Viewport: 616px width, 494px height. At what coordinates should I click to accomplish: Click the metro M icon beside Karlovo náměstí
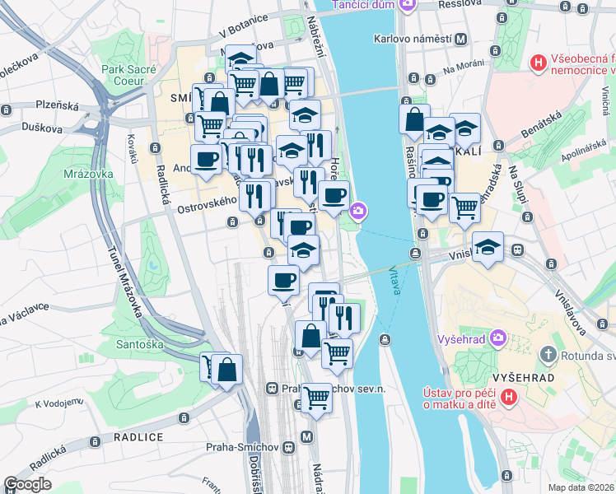(461, 39)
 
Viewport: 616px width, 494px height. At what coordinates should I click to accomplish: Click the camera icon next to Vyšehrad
(498, 338)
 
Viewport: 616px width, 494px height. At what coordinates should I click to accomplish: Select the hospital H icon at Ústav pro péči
(509, 397)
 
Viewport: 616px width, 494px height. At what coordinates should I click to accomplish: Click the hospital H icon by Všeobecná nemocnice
(538, 62)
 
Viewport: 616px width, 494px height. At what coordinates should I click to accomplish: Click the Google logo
(28, 484)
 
